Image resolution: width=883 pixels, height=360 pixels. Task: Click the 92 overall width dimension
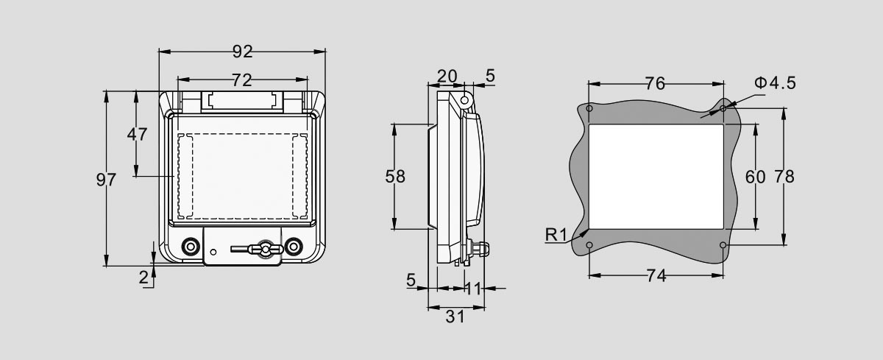(x=242, y=52)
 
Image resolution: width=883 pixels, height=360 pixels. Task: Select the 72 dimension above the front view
(x=242, y=79)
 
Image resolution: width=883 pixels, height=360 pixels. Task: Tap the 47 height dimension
(x=138, y=134)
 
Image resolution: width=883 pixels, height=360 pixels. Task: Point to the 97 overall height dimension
(x=107, y=180)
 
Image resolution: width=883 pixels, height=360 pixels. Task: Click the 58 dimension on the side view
(x=395, y=177)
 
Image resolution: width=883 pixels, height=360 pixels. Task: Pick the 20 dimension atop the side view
(x=447, y=76)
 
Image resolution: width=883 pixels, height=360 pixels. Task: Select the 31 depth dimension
(x=455, y=317)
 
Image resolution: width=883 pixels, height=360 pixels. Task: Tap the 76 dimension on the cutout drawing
(x=655, y=84)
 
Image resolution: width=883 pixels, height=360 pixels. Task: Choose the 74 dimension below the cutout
(x=656, y=276)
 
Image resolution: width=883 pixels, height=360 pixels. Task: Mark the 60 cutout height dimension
(x=756, y=177)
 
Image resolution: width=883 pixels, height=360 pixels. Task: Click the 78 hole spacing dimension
(x=784, y=177)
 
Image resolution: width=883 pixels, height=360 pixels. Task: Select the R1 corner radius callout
(x=556, y=236)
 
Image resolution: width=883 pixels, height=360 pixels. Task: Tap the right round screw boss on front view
(x=294, y=246)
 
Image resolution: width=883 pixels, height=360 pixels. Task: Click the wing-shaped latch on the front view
(x=263, y=250)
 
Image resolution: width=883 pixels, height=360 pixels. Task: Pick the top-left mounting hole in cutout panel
(x=589, y=109)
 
